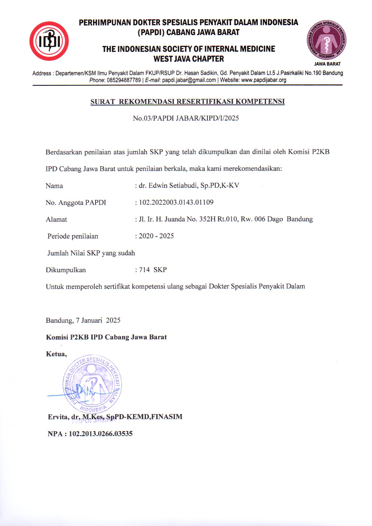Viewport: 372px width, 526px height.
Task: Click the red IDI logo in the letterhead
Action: (49, 41)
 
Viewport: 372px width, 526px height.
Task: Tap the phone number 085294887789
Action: (124, 80)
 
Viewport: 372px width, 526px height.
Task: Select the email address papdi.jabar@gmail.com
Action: (189, 80)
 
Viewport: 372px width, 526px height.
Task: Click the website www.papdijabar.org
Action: (263, 80)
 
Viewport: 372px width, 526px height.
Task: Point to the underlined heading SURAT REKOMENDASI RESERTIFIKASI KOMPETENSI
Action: (187, 101)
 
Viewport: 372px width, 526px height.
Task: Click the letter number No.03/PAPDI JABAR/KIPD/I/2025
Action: (186, 118)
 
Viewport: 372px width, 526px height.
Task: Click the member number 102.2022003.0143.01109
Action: (176, 202)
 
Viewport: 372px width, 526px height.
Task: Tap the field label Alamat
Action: (56, 219)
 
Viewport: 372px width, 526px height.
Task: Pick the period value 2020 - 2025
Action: (156, 236)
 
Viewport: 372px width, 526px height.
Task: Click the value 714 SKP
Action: (153, 270)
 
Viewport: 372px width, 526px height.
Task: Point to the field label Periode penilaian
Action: (73, 236)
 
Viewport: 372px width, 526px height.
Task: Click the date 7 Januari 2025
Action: (98, 320)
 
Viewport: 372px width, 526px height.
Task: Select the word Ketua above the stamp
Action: (56, 354)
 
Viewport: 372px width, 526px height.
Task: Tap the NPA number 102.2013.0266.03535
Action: (100, 434)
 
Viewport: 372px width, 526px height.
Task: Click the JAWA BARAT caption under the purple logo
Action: (327, 64)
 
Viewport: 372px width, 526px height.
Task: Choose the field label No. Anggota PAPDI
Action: (76, 203)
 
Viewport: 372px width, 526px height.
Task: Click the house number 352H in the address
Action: (207, 219)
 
